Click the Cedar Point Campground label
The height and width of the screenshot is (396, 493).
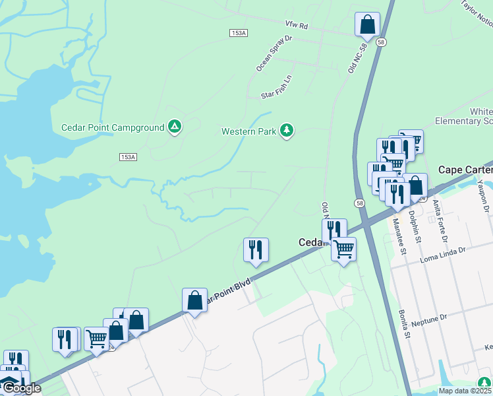click(x=112, y=127)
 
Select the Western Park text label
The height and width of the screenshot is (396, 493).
click(x=248, y=131)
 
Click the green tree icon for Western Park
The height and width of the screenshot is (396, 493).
click(x=286, y=131)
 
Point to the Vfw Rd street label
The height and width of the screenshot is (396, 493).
click(x=297, y=25)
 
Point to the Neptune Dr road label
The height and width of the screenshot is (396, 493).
click(x=428, y=319)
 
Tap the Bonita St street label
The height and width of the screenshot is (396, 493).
click(x=403, y=324)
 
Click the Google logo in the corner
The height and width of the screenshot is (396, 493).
click(x=21, y=388)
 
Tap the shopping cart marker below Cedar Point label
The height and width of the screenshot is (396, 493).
click(x=343, y=249)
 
